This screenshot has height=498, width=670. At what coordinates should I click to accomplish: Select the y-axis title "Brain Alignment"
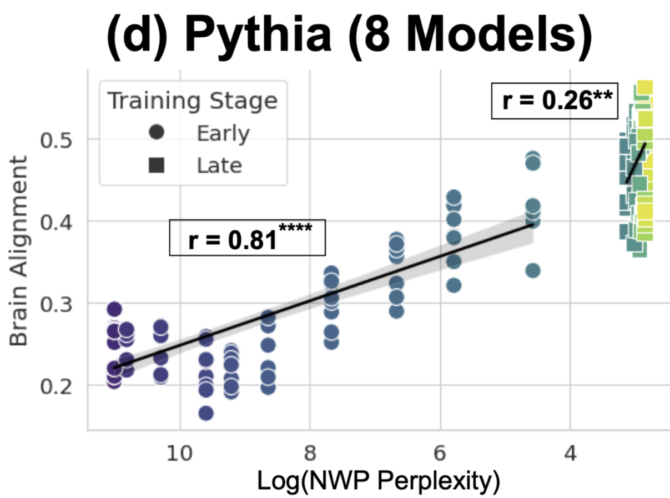[20, 251]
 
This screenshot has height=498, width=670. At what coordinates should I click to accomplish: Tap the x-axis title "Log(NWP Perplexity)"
[377, 481]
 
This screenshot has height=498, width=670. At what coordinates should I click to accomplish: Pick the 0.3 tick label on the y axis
[59, 304]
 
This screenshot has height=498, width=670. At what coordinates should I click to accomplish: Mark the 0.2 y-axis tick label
[59, 385]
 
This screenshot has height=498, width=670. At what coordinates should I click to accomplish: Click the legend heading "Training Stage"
[192, 102]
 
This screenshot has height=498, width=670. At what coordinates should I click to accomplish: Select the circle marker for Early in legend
[156, 134]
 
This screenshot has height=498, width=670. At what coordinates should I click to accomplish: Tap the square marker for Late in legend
[156, 165]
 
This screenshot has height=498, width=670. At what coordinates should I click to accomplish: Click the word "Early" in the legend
[223, 134]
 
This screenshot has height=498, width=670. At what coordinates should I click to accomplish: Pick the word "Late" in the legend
[219, 165]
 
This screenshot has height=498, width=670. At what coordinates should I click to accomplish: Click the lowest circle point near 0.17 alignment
[206, 414]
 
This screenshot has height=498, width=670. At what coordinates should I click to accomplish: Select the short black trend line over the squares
[636, 163]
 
